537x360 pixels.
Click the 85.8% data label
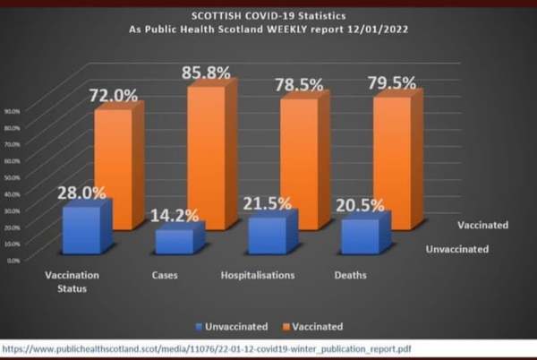click(x=209, y=65)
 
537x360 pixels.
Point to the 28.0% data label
click(x=81, y=192)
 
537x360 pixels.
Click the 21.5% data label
click(x=268, y=203)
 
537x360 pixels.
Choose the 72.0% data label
click(x=112, y=94)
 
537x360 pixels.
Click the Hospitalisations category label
click(x=257, y=274)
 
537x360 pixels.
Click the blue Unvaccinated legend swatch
click(x=198, y=326)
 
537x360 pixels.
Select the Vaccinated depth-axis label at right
click(x=482, y=225)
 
